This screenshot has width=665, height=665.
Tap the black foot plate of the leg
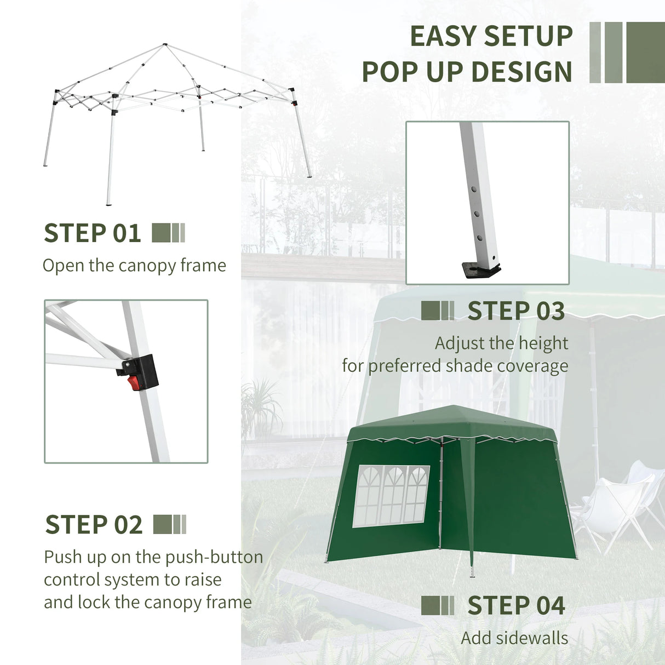[480, 269]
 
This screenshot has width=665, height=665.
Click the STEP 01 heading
[92, 233]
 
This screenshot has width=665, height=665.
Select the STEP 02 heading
[94, 525]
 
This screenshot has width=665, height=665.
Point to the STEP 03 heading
[515, 311]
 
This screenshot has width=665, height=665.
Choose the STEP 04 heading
[515, 606]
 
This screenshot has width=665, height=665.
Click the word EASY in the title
[444, 37]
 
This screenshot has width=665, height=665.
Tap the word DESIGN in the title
[521, 72]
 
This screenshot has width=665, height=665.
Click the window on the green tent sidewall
[391, 495]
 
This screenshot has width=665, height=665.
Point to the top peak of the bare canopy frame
[164, 44]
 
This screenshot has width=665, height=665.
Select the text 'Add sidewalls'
[514, 638]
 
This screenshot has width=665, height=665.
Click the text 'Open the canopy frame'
[134, 266]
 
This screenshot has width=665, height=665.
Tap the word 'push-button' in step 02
[214, 557]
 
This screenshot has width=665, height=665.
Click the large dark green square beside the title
[645, 53]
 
